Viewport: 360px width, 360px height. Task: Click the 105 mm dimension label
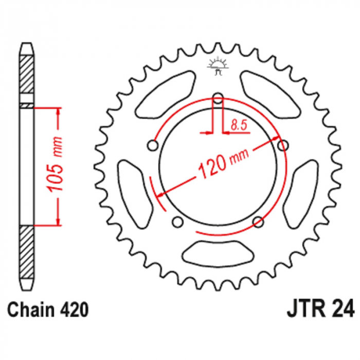coord(55,165)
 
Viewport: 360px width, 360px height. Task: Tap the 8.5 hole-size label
coord(239,125)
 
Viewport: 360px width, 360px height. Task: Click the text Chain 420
coord(48,310)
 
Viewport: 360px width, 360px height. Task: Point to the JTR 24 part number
coord(320,310)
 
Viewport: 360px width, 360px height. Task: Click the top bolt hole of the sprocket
coord(218,99)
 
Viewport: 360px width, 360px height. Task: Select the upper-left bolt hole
coord(153,146)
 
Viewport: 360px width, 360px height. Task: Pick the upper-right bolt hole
coord(283,146)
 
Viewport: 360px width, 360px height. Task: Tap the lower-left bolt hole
coord(177,222)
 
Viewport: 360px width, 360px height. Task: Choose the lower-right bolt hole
coord(258,222)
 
